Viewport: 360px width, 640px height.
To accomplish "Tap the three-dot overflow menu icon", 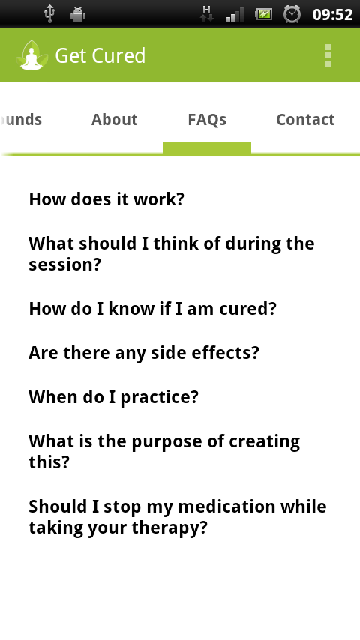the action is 328,55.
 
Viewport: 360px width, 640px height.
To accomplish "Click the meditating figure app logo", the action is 31,55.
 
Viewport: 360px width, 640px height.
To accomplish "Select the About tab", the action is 115,120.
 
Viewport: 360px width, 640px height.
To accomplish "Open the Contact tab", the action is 306,120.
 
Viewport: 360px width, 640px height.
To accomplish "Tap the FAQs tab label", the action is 207,120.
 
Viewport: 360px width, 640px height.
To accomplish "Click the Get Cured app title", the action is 100,55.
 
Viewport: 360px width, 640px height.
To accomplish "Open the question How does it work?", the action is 106,199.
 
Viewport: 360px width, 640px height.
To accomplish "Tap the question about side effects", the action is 144,353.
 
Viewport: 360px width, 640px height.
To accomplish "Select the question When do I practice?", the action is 113,397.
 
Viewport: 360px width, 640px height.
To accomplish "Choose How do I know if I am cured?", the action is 152,309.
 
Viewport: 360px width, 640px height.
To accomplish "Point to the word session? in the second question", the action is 64,265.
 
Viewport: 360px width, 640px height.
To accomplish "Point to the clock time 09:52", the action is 332,15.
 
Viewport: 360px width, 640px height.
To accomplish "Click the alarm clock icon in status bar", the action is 292,15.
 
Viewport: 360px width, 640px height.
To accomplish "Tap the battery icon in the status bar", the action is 263,15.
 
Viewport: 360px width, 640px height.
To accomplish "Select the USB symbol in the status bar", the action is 49,15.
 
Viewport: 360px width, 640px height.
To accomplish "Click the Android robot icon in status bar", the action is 78,15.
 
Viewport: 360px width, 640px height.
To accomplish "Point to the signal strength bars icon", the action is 235,15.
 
